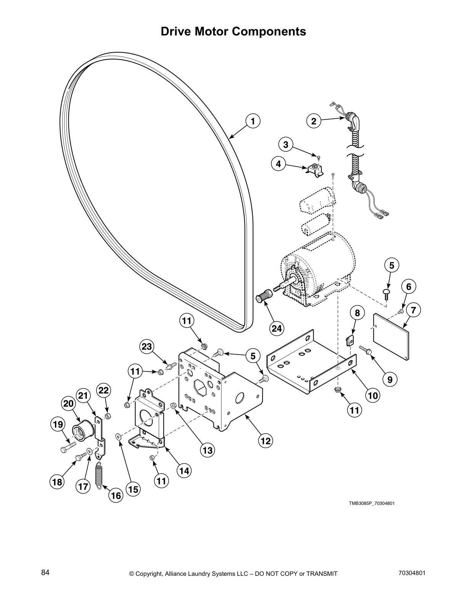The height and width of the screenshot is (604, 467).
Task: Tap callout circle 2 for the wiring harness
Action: [314, 121]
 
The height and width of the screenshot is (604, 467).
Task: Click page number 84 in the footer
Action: [45, 573]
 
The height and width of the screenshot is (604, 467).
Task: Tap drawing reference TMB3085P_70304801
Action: [371, 503]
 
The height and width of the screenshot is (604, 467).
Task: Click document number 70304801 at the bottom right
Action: [412, 573]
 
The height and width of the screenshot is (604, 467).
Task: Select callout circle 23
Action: [147, 347]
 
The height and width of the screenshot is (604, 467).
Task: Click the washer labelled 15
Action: [118, 435]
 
